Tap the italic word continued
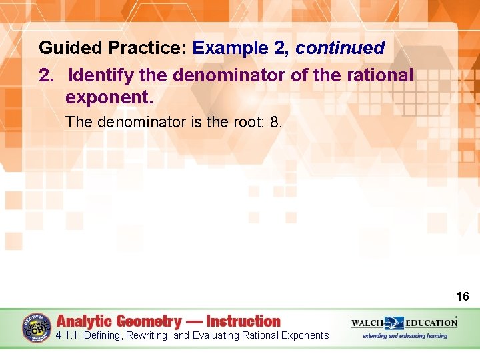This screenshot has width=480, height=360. pos(340,48)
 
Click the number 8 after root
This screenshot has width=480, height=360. pos(276,123)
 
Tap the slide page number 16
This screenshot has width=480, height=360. pos(462,297)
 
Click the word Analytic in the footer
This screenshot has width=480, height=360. pos(84,321)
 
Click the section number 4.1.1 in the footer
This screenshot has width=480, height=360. pos(69,335)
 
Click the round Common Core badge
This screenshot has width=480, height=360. pos(37,328)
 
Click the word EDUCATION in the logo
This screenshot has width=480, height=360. pos(431,323)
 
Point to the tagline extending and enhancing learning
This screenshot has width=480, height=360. pos(405,336)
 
